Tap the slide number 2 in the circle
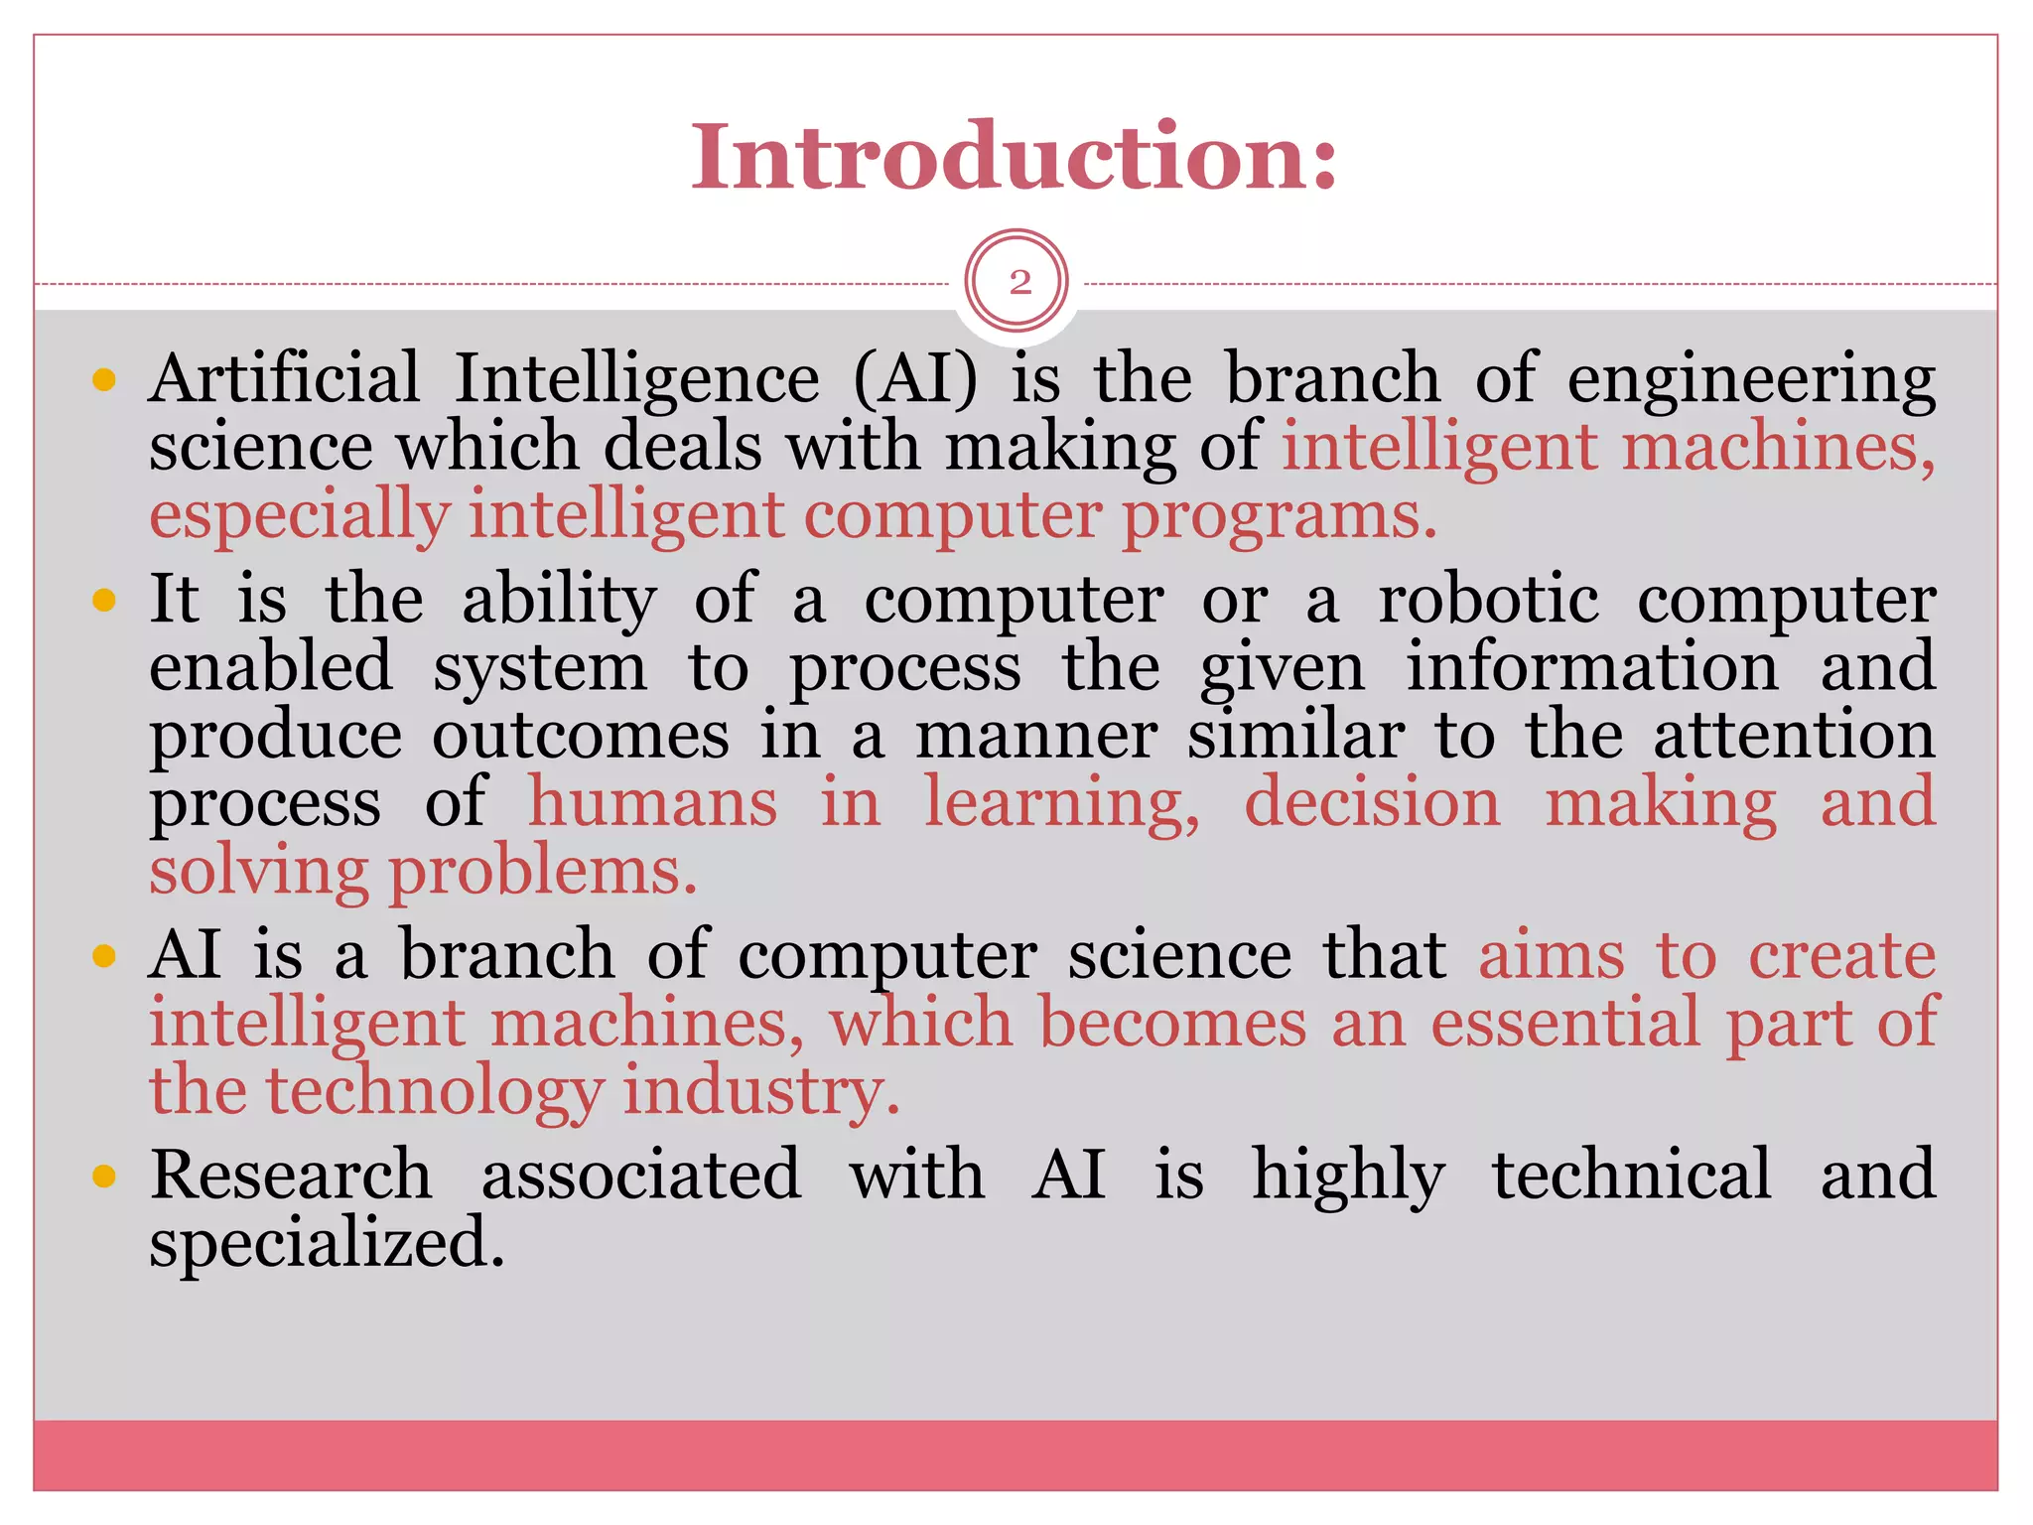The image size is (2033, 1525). point(1018,283)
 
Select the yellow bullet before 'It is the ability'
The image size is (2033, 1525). point(104,600)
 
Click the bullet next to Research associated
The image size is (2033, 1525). point(104,1177)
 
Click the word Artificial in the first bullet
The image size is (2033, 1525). point(285,378)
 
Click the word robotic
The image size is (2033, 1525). point(1488,600)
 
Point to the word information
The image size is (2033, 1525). point(1592,667)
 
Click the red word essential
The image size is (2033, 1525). point(1565,1023)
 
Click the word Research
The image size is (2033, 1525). point(291,1175)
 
